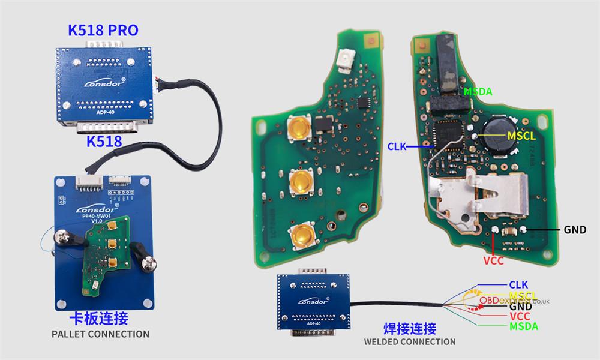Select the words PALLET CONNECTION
pos(100,334)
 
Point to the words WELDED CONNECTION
pos(410,341)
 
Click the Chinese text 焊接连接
pos(410,328)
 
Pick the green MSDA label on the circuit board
pos(478,92)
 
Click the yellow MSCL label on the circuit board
pos(521,136)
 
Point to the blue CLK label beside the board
pos(398,145)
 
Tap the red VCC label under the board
pos(493,261)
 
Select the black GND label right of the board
pos(575,230)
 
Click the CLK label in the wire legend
pos(518,284)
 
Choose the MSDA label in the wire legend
pos(523,326)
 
